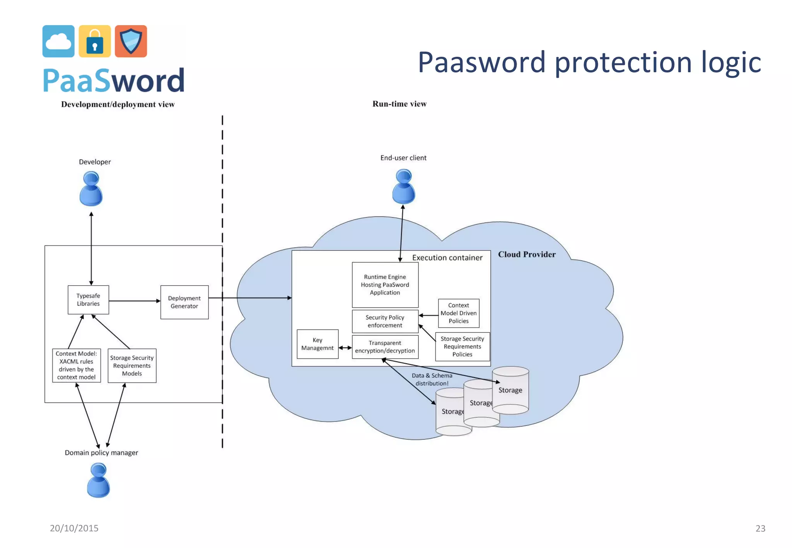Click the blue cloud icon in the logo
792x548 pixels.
click(58, 41)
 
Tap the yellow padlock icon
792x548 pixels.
click(95, 41)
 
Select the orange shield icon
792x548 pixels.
click(131, 41)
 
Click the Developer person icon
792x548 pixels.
click(91, 189)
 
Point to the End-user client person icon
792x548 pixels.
click(404, 187)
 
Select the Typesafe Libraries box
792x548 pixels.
click(88, 300)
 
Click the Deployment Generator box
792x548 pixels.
click(184, 302)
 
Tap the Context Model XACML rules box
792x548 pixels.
click(77, 365)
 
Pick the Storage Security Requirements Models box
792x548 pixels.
click(132, 366)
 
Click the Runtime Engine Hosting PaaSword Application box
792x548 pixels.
click(385, 285)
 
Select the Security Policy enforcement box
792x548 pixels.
click(385, 321)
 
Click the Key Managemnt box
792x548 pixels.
click(317, 344)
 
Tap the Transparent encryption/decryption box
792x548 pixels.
click(385, 347)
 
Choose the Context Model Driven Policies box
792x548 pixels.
click(459, 313)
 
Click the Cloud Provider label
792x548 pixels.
click(527, 254)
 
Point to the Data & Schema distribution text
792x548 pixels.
click(432, 379)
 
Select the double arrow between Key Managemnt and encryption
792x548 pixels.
click(345, 347)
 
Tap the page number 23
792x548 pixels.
click(760, 528)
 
